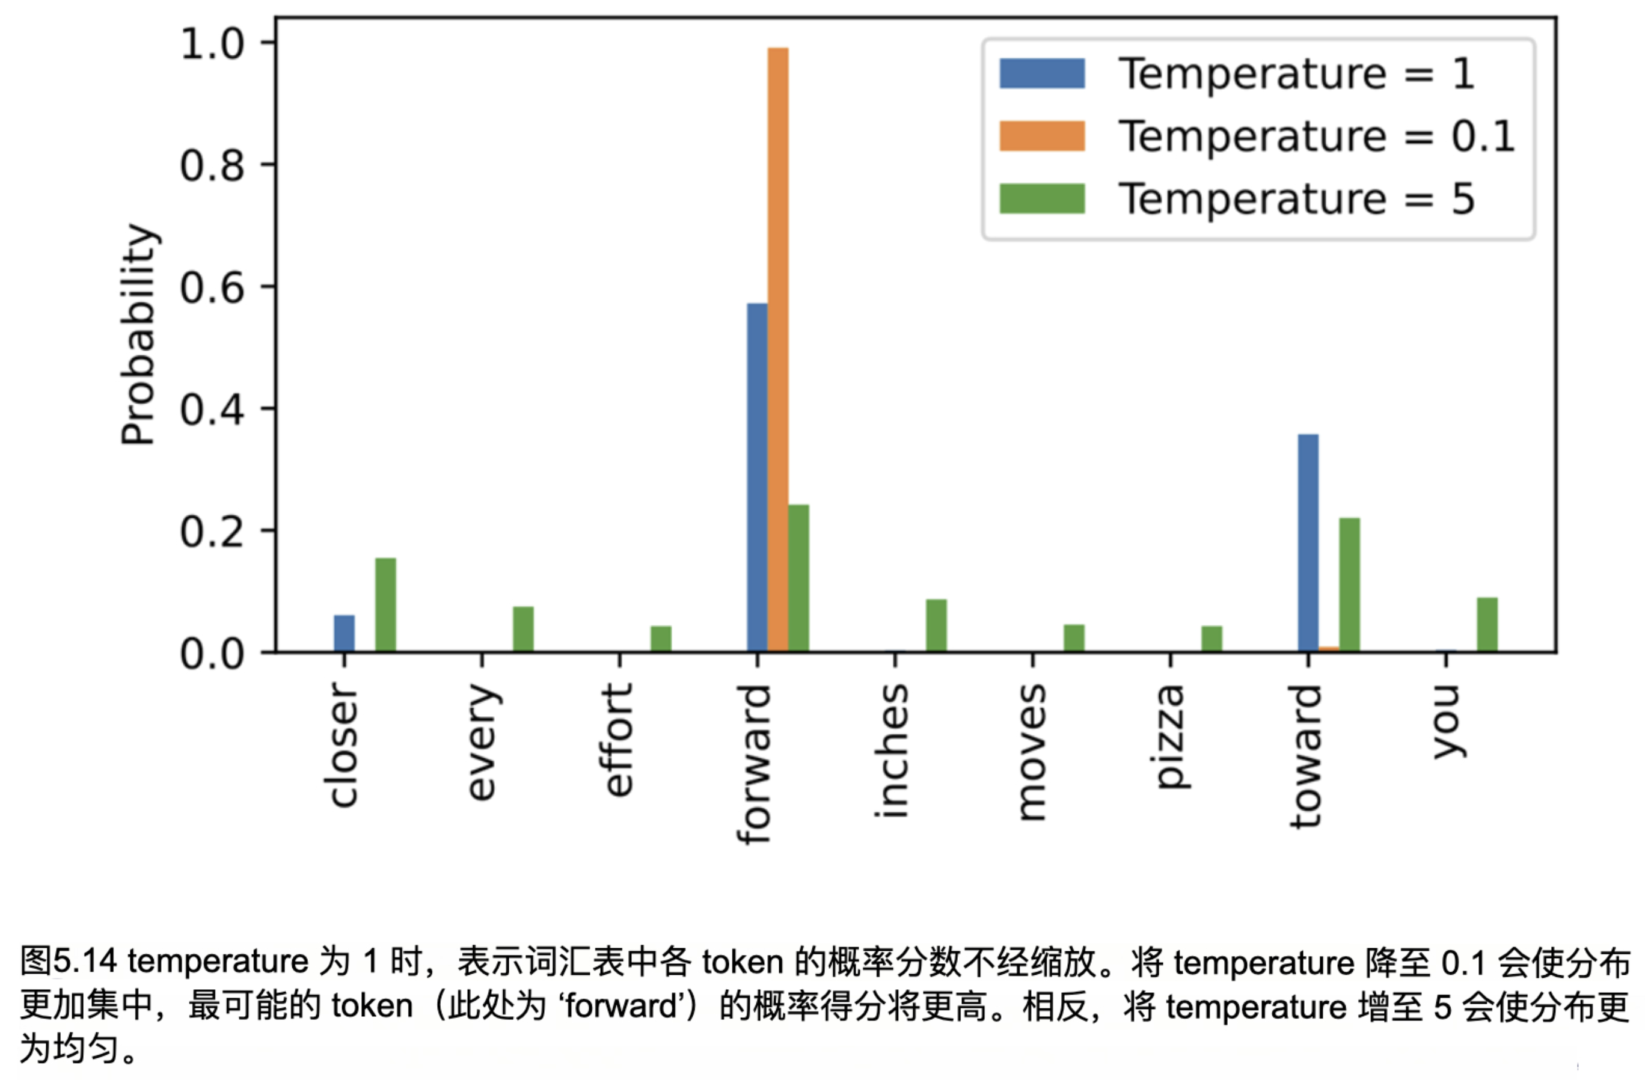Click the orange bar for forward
777,349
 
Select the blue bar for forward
757,477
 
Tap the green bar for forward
798,578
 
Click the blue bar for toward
1308,543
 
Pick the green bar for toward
1349,584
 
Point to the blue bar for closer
344,633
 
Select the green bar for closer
385,604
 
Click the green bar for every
523,628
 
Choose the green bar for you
1487,624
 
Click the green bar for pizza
1212,638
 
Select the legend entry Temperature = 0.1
1317,137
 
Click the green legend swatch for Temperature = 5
1041,198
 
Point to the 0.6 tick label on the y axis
212,287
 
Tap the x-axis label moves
1032,752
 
